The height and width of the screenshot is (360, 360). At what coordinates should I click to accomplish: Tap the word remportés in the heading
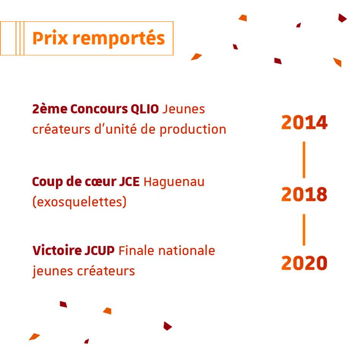[119, 39]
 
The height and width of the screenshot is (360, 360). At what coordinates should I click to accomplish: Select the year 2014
[304, 122]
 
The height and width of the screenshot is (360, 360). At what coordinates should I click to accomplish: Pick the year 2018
[304, 194]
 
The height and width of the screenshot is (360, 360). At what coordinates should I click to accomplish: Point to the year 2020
[304, 263]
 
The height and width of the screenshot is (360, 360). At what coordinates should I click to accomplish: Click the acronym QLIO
[145, 109]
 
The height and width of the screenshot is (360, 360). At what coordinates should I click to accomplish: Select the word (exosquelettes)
[80, 202]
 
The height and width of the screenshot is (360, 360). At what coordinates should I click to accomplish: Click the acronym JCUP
[99, 250]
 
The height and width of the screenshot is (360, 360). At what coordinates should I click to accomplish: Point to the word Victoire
[57, 250]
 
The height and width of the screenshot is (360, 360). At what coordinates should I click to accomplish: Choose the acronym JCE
[129, 182]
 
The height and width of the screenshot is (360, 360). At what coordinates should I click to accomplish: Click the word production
[193, 130]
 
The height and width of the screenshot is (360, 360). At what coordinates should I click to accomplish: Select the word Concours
[99, 109]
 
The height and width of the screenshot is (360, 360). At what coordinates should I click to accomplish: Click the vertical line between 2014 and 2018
[304, 160]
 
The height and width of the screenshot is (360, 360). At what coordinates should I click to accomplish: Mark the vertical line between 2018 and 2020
[304, 230]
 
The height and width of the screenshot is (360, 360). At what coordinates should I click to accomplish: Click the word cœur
[100, 182]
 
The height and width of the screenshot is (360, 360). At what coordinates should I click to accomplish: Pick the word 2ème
[50, 109]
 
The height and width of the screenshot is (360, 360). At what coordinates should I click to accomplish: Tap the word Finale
[136, 250]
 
